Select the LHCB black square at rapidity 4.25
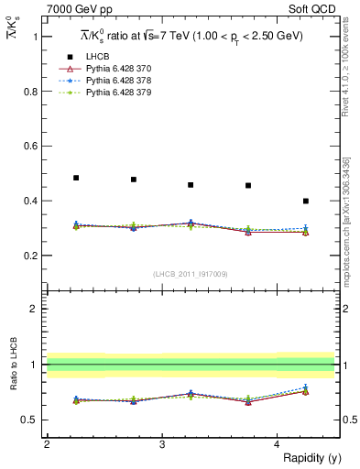306,201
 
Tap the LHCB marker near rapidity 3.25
191,185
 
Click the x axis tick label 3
162,443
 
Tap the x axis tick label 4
278,443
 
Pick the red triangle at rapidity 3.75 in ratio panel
248,402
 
